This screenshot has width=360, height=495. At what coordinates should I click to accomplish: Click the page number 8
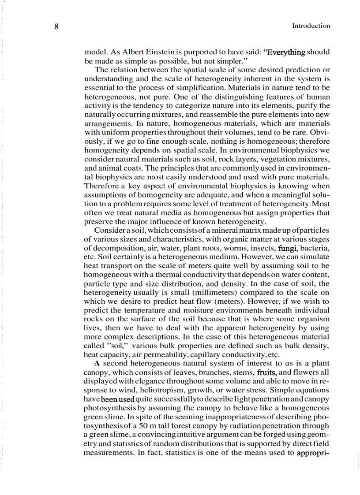(56, 26)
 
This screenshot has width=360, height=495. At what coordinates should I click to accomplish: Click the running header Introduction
(311, 26)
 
